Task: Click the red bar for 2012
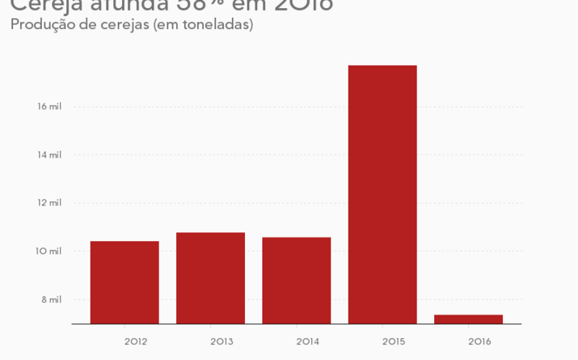(124, 282)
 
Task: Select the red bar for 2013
(210, 278)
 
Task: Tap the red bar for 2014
(297, 281)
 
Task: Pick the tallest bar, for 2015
(382, 194)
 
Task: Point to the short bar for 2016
(468, 320)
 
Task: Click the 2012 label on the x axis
(136, 341)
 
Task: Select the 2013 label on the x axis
(221, 341)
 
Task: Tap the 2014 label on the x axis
(307, 341)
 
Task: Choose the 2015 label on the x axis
(394, 341)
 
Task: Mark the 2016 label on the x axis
(479, 341)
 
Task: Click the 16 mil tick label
(49, 107)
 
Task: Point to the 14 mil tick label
(49, 155)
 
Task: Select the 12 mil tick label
(49, 203)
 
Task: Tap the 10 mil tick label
(49, 252)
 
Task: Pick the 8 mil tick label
(52, 299)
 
